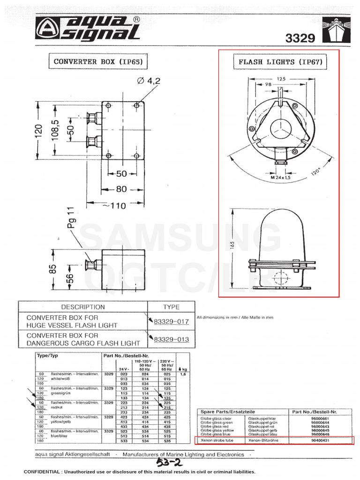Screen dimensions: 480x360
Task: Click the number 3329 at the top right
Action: [x=300, y=38]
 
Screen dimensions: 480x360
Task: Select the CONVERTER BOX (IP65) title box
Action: [x=97, y=61]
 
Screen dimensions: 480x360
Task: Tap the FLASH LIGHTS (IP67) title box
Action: [x=280, y=62]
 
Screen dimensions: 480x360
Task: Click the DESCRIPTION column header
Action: [x=83, y=307]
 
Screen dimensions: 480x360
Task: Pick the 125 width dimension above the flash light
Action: [x=280, y=79]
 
